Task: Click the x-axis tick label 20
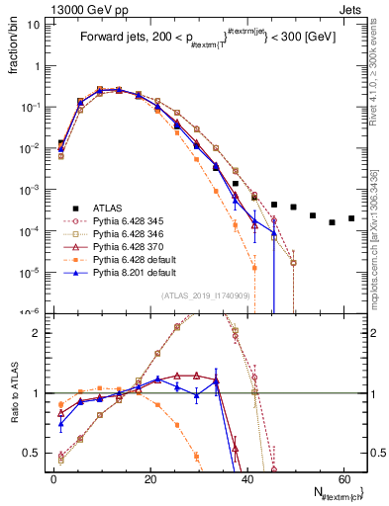coord(149,477)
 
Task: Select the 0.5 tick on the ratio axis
coord(33,454)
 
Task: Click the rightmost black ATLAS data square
coord(351,218)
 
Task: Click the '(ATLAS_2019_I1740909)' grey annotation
coord(205,295)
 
